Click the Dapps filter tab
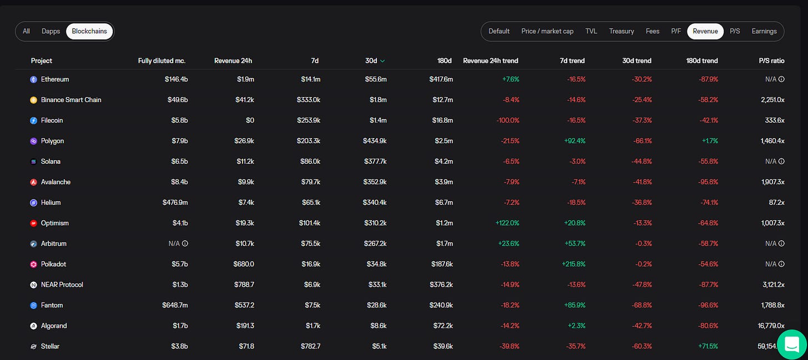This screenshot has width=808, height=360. pos(50,32)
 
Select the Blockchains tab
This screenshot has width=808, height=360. pos(89,32)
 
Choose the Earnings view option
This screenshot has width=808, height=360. pos(764,32)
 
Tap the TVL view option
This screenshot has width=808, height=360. pos(591,32)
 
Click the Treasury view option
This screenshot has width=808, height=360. pos(622,32)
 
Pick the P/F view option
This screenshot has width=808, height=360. pos(676,32)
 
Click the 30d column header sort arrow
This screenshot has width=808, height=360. pos(382,61)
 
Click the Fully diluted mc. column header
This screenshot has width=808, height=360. pos(161,60)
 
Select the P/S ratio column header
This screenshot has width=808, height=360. pos(771,60)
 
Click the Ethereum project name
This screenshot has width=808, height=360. pos(55,79)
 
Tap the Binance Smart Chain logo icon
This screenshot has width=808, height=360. pos(33,100)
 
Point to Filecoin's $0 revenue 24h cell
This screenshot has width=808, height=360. pos(250,120)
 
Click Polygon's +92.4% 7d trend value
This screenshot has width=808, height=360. pos(574,141)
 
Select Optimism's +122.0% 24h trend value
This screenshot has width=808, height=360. pos(507,224)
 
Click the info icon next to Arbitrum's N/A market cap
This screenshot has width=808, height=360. pos(185,244)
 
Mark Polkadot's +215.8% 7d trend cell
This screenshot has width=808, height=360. pos(574,265)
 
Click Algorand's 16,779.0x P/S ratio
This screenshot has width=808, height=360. pos(771,326)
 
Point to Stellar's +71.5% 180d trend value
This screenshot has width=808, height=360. pos(708,347)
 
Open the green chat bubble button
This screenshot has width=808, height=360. pos(792,344)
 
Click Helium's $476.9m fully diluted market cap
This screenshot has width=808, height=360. pos(175,202)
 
